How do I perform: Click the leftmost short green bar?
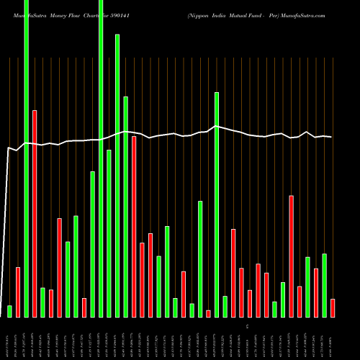[9, 311]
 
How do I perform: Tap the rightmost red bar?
[333, 307]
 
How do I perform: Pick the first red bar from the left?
[18, 292]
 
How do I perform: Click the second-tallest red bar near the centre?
[134, 226]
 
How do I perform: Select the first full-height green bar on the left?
[27, 158]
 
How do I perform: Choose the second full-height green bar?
[101, 158]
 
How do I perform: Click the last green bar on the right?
[325, 285]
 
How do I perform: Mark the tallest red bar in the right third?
[292, 256]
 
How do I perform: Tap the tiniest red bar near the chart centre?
[209, 313]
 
